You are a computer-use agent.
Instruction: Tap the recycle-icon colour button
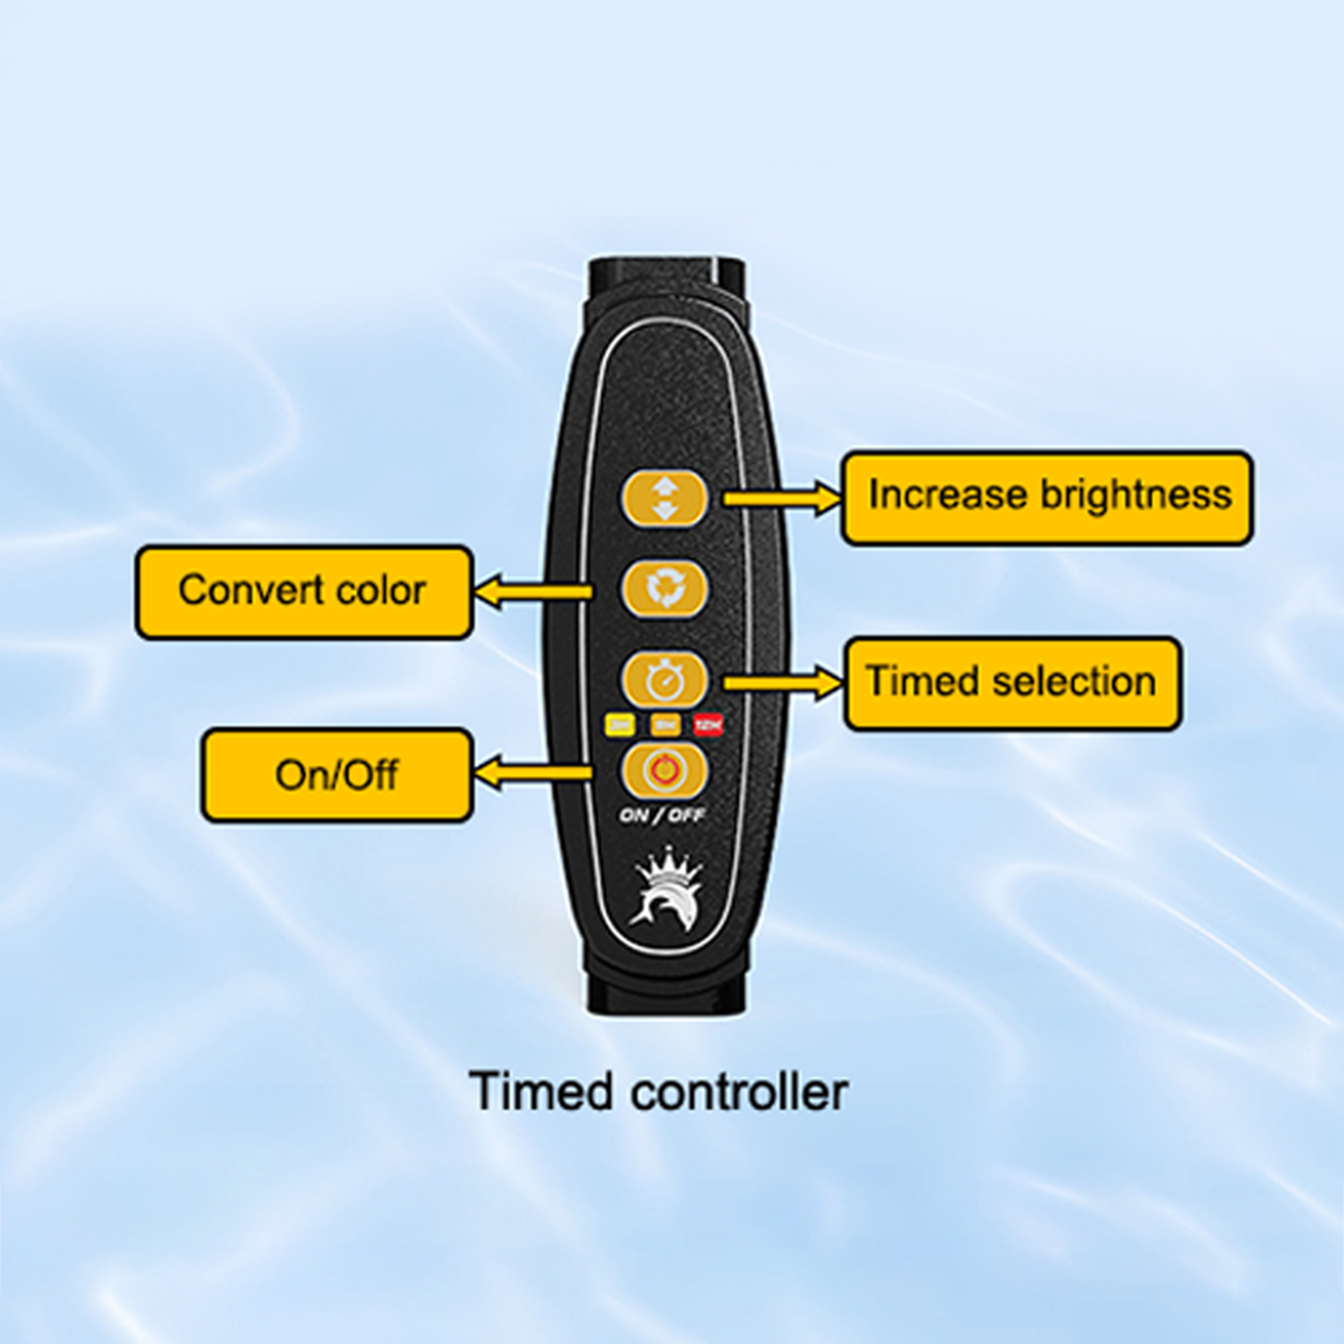coord(664,589)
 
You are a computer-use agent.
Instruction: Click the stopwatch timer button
coord(664,679)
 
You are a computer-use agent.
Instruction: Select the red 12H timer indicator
coord(708,724)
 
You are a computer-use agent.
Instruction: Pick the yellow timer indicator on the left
coord(620,724)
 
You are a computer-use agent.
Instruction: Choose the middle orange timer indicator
coord(664,724)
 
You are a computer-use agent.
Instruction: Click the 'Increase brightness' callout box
coord(1047,498)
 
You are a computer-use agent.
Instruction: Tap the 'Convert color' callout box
coord(304,592)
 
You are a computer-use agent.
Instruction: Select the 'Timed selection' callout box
coord(1012,683)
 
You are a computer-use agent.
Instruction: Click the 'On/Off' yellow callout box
coord(337,774)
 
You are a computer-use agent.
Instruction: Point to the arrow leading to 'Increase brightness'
coord(781,499)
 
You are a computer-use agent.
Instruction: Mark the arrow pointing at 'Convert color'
coord(533,592)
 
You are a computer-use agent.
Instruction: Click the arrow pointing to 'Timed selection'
coord(781,684)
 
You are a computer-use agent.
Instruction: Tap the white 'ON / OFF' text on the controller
coord(662,815)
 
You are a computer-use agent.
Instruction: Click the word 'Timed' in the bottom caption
coord(541,1091)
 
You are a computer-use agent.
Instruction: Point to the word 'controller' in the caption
coord(739,1092)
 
